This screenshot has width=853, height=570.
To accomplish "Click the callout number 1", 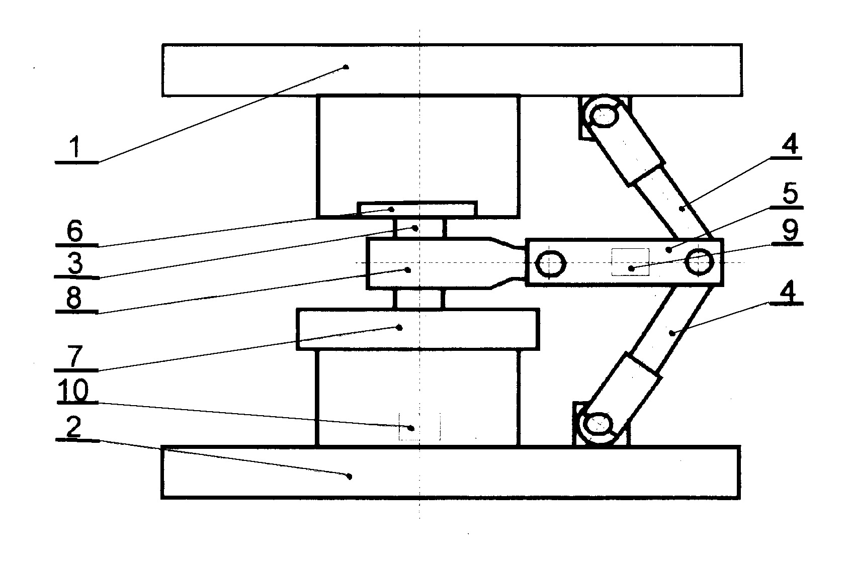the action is [x=75, y=147].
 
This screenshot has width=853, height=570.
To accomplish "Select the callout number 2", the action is [x=73, y=426].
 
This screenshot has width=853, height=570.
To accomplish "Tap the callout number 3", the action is [x=75, y=263].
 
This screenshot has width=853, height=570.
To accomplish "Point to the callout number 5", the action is [x=790, y=193].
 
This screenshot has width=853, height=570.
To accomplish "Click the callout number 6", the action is [x=74, y=231].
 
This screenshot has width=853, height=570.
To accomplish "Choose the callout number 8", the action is [x=74, y=298].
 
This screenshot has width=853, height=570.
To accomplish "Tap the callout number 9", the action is [x=790, y=230].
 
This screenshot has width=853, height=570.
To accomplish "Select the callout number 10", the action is [x=73, y=391].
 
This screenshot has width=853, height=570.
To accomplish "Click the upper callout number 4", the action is [x=790, y=144].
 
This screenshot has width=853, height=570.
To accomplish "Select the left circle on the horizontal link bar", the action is [x=550, y=264].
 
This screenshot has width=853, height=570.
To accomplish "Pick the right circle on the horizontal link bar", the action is [x=699, y=261].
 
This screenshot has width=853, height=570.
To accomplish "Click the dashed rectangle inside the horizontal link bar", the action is [x=630, y=262].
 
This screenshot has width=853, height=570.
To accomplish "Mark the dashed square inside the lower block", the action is [x=419, y=427].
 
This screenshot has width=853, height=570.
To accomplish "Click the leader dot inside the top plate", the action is [x=346, y=67].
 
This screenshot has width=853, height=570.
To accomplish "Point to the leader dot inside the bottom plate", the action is [x=350, y=476].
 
